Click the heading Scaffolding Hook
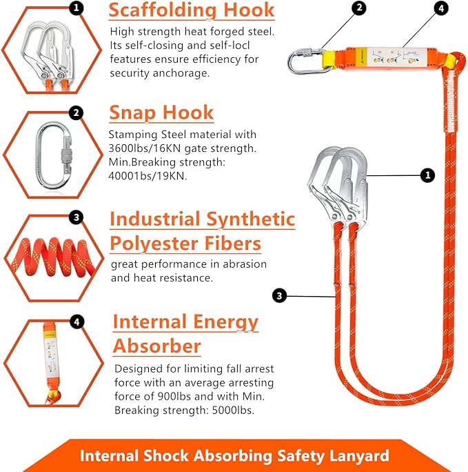tap(192, 11)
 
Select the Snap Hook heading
tap(161, 112)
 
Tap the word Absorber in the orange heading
tap(156, 345)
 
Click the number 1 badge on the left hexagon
tap(77, 8)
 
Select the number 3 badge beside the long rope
tap(279, 296)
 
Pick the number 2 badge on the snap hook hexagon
tap(77, 113)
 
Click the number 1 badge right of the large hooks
tap(427, 175)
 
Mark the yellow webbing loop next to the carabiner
tap(330, 60)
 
